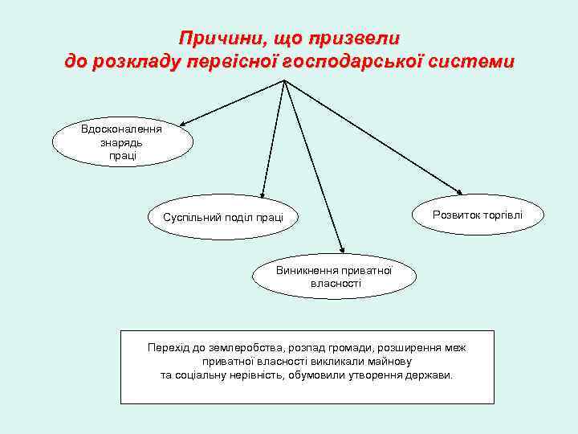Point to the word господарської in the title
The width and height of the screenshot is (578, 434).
tap(350, 61)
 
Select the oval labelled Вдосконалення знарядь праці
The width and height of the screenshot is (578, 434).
tap(123, 141)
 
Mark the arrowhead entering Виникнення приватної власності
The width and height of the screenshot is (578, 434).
tap(341, 250)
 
